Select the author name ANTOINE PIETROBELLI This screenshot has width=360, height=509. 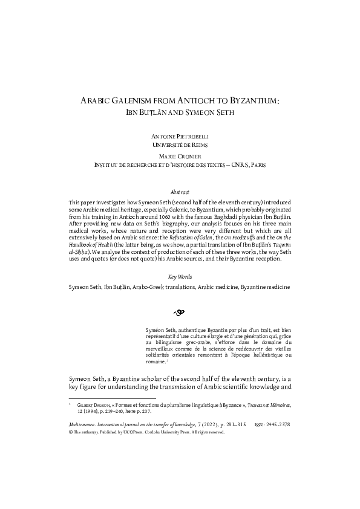click(180, 137)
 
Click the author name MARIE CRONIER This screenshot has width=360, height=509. click(180, 156)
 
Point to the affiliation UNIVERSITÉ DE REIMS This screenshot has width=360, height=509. click(180, 146)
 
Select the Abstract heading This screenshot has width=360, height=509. click(180, 191)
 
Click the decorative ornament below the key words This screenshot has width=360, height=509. click(179, 313)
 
